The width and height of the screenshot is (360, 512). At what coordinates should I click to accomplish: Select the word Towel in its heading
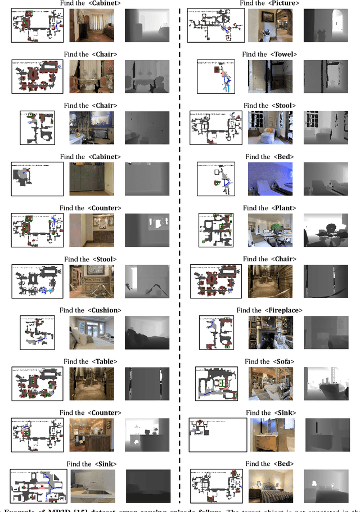click(x=283, y=55)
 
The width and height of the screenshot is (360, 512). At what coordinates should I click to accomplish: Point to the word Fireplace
click(x=285, y=310)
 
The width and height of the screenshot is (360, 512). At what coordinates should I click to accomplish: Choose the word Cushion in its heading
click(x=104, y=310)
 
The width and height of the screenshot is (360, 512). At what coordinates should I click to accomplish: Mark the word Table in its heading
click(x=104, y=361)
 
